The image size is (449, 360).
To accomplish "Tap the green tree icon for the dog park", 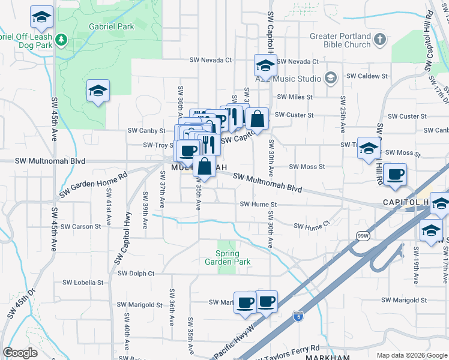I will (61, 40).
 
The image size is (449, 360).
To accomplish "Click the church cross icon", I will (379, 40).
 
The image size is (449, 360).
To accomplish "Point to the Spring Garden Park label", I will (228, 257).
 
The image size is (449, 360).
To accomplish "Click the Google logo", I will (20, 353).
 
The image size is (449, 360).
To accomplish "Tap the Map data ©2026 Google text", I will (412, 355).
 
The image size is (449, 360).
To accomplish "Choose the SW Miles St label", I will (295, 97).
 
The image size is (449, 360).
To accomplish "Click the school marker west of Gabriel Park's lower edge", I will (97, 92).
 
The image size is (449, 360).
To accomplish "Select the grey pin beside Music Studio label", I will (330, 78).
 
